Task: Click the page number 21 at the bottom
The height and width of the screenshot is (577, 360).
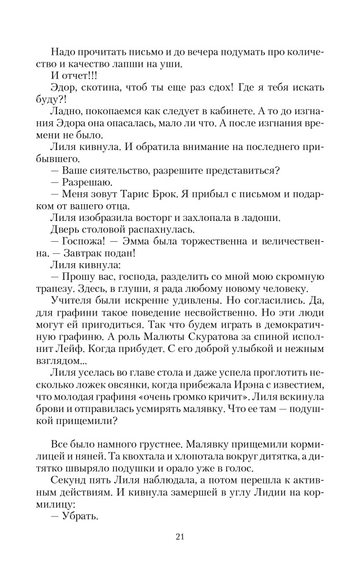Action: point(179,537)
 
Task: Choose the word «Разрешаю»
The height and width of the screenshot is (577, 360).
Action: point(78,182)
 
